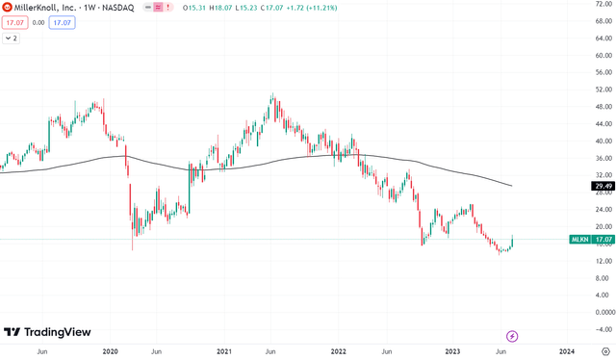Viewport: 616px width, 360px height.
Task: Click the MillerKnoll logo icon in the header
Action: click(8, 8)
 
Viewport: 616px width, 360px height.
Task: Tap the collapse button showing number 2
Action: click(13, 39)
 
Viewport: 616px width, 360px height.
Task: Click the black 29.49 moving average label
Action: click(603, 186)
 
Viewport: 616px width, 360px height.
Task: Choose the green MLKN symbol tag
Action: click(578, 239)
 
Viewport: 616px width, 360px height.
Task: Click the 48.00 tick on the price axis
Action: click(603, 107)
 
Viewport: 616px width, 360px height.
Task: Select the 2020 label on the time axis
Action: click(110, 352)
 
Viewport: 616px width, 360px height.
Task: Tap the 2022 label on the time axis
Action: click(338, 352)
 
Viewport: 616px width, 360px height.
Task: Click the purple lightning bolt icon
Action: click(512, 335)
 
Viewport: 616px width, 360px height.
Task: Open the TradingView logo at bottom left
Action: click(47, 332)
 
